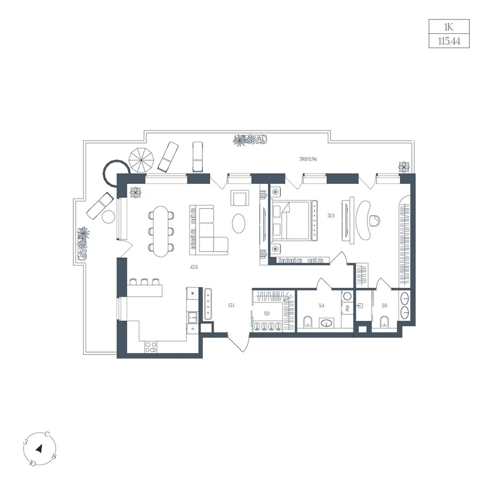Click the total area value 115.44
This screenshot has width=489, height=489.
(x=449, y=41)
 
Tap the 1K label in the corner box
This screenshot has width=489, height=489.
(x=449, y=27)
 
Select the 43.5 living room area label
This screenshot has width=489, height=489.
(x=194, y=267)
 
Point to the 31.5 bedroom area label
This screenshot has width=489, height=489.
(x=331, y=216)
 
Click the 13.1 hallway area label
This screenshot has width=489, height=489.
(x=231, y=305)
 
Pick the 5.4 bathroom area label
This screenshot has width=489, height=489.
(x=321, y=306)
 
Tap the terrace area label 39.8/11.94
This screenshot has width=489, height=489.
(x=308, y=159)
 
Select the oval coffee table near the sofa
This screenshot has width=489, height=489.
(x=239, y=222)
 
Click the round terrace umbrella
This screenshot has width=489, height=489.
(x=142, y=160)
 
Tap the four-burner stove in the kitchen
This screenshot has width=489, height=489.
(x=151, y=347)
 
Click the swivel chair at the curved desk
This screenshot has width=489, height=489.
(x=375, y=221)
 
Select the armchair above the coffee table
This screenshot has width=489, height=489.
(x=240, y=198)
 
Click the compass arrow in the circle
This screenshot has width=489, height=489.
(x=39, y=449)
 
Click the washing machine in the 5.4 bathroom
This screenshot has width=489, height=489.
(x=347, y=296)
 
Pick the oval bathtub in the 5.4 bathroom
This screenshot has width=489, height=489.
(x=326, y=323)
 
